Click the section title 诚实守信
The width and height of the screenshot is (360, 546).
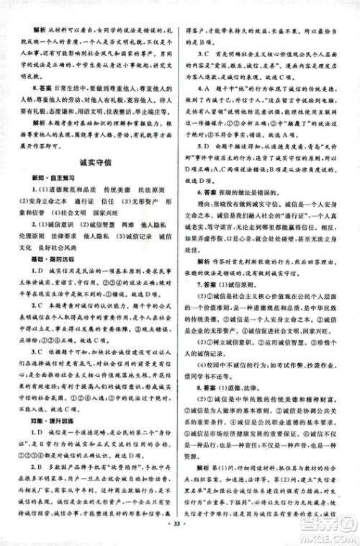tap(98, 164)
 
